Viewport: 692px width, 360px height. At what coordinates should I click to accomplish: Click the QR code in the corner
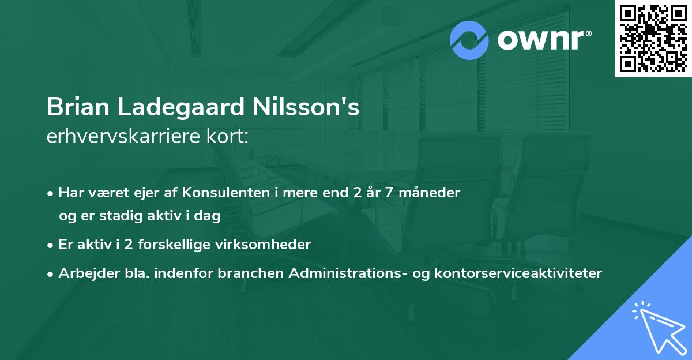click(x=653, y=38)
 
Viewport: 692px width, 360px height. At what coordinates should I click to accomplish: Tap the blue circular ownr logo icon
click(x=469, y=40)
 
